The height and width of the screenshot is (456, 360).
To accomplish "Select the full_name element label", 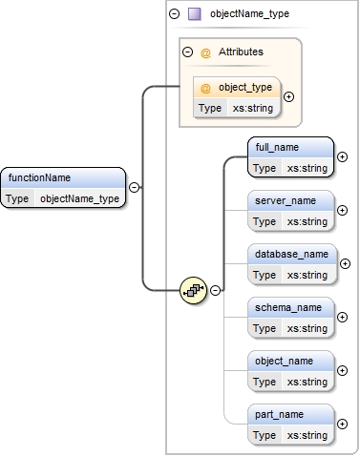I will coord(277,148).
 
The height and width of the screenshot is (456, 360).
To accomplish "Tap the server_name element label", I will coord(283,201).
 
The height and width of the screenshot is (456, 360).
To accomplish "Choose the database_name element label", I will coord(290,255).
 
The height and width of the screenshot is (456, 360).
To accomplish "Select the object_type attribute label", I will coord(245,88).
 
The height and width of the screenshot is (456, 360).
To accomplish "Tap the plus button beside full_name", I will coord(343,157).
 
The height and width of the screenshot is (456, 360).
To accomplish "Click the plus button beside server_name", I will coord(343,211).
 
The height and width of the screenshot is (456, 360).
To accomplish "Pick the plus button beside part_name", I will coord(343,425).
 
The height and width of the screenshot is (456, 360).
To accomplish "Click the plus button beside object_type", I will coord(289,96).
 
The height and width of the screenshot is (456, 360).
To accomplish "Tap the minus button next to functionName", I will coord(134,188).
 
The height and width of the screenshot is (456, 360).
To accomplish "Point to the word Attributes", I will coord(242,52).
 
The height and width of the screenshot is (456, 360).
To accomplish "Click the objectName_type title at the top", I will coord(248,14).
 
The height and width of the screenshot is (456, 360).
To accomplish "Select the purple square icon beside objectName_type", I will coord(195,14).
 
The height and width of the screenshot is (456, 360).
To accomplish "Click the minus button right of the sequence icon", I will coord(216,290).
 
